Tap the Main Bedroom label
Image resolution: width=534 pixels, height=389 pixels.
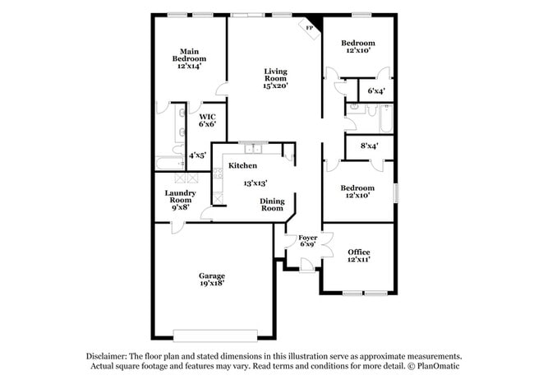pos(189,55)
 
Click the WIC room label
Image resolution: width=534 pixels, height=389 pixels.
pos(207,116)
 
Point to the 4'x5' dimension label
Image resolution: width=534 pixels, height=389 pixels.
pos(197,155)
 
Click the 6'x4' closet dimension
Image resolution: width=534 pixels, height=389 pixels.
pos(376,90)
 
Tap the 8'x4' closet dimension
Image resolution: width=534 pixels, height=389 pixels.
pos(370,146)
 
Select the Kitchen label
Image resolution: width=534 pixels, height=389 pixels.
pos(243,166)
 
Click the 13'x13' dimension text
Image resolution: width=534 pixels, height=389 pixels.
pos(255,183)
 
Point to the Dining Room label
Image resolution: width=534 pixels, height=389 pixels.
pos(272,205)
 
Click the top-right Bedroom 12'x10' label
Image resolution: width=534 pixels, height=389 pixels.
pos(358,47)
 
